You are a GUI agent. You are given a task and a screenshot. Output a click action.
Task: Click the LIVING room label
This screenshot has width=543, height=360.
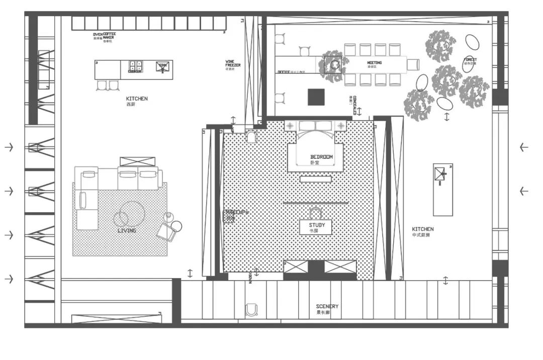pos(127,230)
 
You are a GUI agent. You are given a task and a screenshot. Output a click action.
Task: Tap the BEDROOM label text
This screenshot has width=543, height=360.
pos(321,157)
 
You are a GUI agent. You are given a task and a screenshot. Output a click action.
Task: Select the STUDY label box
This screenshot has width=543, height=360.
pos(316,227)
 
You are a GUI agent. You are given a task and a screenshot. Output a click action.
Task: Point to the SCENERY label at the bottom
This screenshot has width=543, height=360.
pos(327,306)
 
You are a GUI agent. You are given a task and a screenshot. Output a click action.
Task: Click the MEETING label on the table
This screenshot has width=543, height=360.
pos(374,63)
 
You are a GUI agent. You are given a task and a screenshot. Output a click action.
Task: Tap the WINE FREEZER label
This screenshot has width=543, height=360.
pos(233,64)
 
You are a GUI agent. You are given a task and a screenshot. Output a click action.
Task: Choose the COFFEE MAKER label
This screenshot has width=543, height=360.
pos(109,36)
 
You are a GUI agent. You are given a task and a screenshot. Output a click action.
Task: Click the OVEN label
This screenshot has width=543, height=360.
pos(98,35)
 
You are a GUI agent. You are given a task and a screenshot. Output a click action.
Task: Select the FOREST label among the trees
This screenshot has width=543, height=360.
pos(471,60)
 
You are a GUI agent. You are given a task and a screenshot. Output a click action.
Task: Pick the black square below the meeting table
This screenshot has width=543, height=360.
pos(317,97)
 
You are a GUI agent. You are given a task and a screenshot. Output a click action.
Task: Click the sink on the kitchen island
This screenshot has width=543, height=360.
pos(162,67)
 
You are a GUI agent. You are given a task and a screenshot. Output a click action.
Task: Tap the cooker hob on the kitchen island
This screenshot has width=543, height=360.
pos(135,66)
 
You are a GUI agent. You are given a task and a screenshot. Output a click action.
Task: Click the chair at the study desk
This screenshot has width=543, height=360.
pos(316,212)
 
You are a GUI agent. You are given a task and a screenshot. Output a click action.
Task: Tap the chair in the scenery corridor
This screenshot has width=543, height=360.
pos(251,310)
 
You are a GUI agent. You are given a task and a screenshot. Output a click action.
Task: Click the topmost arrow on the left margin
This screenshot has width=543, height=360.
pos(9,147)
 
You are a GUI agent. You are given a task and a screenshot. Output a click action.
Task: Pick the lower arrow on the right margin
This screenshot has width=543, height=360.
pos(524,191)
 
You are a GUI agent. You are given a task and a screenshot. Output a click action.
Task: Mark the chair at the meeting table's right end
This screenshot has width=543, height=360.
pos(413,64)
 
